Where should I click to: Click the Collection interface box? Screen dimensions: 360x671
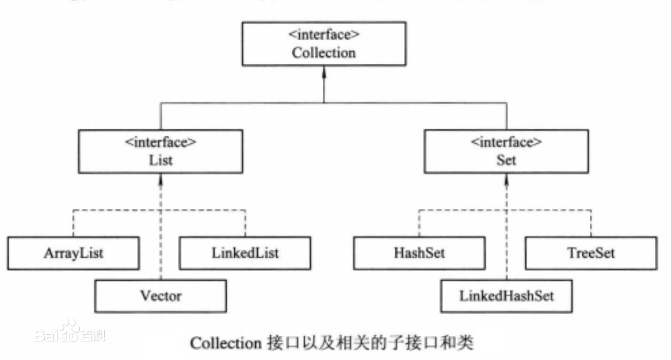(323, 45)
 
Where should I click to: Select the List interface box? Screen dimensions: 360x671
(160, 151)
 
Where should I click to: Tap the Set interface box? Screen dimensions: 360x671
(506, 151)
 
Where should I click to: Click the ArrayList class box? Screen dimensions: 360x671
(73, 253)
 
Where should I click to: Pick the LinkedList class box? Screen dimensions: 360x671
(245, 253)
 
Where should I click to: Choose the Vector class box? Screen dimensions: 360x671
(160, 296)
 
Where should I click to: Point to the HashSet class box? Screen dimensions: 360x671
(419, 253)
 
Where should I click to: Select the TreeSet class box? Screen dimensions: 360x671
(590, 253)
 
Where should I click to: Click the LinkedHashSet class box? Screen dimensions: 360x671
(506, 296)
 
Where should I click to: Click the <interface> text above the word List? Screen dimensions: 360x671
(160, 142)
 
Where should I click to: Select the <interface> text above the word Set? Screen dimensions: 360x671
(506, 142)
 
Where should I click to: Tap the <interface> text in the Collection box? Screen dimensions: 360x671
(323, 35)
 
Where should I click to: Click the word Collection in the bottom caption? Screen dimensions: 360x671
(226, 343)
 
